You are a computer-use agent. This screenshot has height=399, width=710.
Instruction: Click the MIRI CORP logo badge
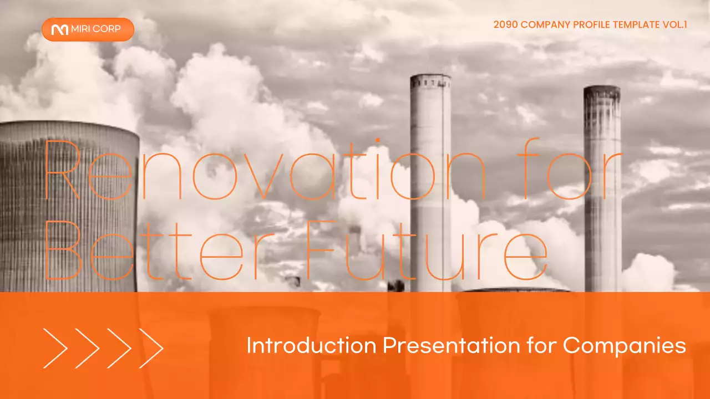[88, 29]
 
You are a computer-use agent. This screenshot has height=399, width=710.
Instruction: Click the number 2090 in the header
[505, 24]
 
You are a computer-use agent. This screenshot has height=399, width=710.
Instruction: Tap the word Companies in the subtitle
[625, 346]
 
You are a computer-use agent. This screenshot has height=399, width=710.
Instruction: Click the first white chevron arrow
[55, 348]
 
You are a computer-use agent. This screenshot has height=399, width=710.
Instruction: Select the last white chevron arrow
[151, 348]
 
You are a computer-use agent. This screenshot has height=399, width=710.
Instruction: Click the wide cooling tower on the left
[67, 205]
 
